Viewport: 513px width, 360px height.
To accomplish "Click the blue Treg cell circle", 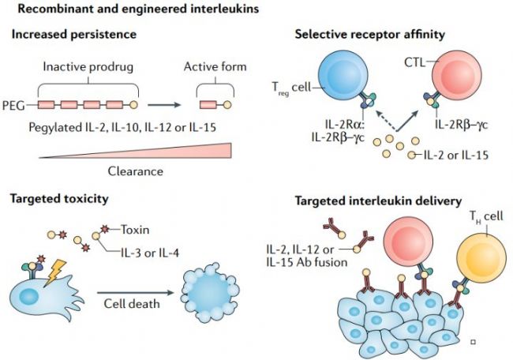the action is point(343,75).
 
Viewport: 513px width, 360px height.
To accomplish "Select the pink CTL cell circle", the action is point(457,75).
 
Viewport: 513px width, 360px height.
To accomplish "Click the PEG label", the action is point(13,106).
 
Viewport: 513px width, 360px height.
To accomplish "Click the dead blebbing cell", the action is point(210,293).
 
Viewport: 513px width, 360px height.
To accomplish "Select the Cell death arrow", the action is point(135,293).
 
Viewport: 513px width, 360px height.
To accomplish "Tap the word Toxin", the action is point(135,230).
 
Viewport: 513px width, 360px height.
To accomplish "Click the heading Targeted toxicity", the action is point(59,199).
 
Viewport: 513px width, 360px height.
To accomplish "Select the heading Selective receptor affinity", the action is point(369,35).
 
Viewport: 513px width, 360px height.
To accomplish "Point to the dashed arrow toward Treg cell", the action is point(386,121).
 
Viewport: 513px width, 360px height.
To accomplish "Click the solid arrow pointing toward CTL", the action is point(407,121).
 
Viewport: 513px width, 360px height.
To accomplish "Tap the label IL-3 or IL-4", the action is point(150,253).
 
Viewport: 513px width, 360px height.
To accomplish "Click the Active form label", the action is point(215,67).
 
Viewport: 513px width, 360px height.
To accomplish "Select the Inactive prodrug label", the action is point(88,67).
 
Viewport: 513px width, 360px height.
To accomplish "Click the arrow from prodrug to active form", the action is point(164,105).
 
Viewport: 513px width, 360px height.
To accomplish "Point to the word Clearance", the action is point(136,171).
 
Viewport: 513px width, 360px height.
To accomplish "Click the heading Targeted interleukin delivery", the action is point(378,201).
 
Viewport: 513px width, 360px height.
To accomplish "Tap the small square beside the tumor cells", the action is point(473,342).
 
